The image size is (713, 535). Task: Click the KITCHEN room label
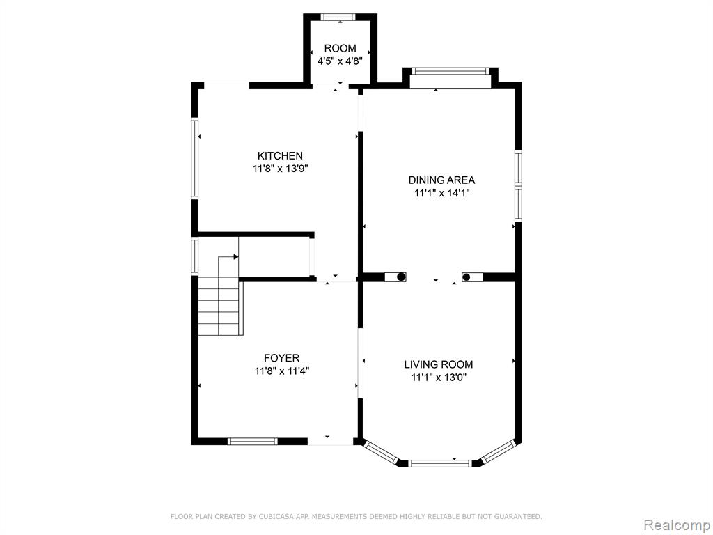point(280,155)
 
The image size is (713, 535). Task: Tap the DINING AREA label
point(441,180)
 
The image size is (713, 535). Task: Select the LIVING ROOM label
point(439,364)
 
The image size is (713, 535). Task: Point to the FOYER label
point(282,358)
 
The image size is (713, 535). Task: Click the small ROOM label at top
point(340,48)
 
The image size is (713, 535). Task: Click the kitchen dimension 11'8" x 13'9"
point(281,169)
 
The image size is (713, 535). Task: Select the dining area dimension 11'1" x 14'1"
point(441,193)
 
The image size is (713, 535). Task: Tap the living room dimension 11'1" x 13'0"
point(439,377)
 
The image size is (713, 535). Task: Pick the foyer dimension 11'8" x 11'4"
point(282,371)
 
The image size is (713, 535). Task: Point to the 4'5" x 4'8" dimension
point(340,61)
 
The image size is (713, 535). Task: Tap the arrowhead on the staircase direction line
point(235,257)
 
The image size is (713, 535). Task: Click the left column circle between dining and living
point(401,277)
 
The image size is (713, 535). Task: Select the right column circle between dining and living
point(466,277)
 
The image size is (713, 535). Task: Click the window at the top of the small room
point(338,17)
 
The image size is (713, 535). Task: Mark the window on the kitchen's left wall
point(195,158)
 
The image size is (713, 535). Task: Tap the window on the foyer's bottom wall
point(252,441)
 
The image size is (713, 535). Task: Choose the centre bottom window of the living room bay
point(439,463)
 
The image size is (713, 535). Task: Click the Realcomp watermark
point(676,525)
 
